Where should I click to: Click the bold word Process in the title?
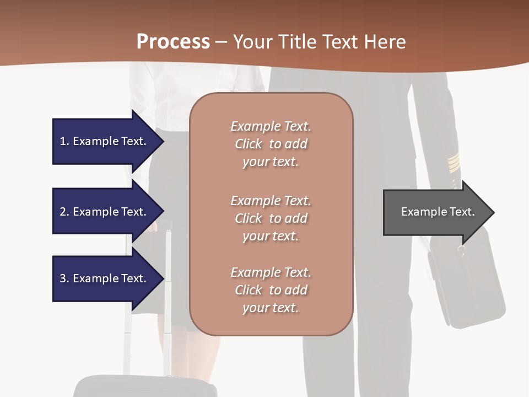(x=173, y=42)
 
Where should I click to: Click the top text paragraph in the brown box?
(x=271, y=144)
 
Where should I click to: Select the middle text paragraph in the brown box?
(x=271, y=218)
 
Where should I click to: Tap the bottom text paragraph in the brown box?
(x=271, y=290)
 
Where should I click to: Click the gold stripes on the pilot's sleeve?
(x=453, y=163)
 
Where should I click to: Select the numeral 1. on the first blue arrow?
(x=64, y=141)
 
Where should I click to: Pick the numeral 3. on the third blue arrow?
(x=64, y=278)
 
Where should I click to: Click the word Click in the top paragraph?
(x=249, y=144)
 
